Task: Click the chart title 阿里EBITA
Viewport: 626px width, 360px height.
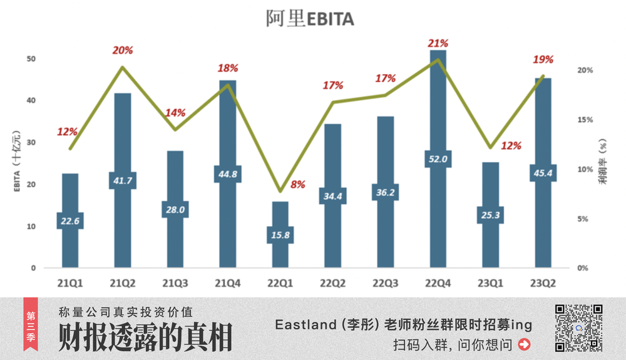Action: click(310, 19)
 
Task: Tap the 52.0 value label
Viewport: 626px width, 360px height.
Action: click(438, 159)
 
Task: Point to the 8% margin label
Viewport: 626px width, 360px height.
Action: click(298, 185)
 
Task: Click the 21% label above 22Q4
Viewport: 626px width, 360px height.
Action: click(438, 43)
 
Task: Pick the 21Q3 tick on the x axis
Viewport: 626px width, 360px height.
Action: click(175, 282)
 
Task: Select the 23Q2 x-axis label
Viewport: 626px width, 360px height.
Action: click(543, 282)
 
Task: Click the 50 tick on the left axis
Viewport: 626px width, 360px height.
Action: click(31, 59)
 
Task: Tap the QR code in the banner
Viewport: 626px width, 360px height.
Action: click(579, 327)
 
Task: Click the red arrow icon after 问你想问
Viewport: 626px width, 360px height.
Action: click(525, 344)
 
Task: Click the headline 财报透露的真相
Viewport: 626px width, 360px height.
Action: click(145, 339)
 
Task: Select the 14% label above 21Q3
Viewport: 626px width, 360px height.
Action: click(175, 113)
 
